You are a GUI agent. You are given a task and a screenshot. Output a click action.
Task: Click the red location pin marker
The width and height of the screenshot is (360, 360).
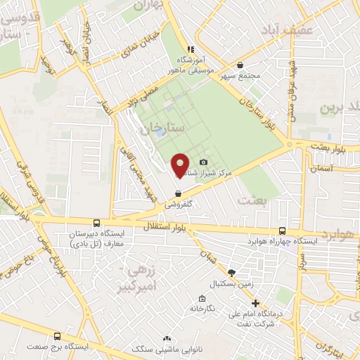point(180,165)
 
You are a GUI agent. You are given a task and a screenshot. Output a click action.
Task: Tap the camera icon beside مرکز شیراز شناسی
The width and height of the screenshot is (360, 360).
point(203,162)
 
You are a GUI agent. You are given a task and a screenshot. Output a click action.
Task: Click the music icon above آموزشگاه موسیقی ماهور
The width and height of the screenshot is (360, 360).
point(190,49)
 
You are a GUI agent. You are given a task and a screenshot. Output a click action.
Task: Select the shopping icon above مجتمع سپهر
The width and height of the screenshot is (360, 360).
point(240,65)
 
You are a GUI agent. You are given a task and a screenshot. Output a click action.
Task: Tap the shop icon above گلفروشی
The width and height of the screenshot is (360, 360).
point(178,193)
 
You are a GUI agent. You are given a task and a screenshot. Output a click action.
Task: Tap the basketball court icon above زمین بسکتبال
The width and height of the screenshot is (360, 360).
point(231,273)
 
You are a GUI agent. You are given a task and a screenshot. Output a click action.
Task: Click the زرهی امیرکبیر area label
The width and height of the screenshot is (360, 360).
point(137,276)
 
